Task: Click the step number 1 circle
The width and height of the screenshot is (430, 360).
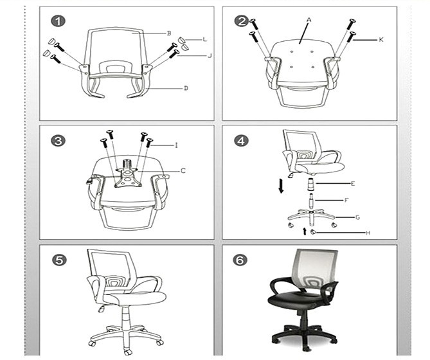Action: pyautogui.click(x=58, y=21)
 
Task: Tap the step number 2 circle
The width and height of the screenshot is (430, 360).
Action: pyautogui.click(x=241, y=21)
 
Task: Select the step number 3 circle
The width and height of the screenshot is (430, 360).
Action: pyautogui.click(x=58, y=141)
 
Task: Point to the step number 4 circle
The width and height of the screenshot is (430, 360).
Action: pyautogui.click(x=241, y=141)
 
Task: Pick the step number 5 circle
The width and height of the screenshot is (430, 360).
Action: pyautogui.click(x=59, y=260)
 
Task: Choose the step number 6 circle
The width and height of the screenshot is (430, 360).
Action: pyautogui.click(x=240, y=260)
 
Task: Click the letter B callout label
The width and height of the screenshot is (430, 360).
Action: pyautogui.click(x=169, y=33)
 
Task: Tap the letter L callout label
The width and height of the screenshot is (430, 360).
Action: pyautogui.click(x=204, y=39)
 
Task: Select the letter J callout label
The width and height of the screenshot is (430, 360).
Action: pyautogui.click(x=210, y=56)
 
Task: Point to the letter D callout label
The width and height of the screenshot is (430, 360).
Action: pyautogui.click(x=186, y=88)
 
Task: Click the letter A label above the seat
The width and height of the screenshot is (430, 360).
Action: pyautogui.click(x=309, y=20)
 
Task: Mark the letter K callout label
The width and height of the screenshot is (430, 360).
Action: pyautogui.click(x=381, y=40)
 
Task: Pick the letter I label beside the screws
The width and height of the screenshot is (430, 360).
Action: pyautogui.click(x=177, y=145)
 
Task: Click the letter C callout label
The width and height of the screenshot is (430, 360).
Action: pyautogui.click(x=183, y=171)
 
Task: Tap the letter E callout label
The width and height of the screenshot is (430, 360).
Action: pyautogui.click(x=353, y=183)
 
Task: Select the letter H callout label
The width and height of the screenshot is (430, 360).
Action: pyautogui.click(x=368, y=233)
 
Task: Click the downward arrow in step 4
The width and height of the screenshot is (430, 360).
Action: pyautogui.click(x=281, y=186)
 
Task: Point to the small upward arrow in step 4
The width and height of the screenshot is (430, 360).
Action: pyautogui.click(x=305, y=231)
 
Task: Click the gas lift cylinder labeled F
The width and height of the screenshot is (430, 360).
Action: pyautogui.click(x=311, y=201)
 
